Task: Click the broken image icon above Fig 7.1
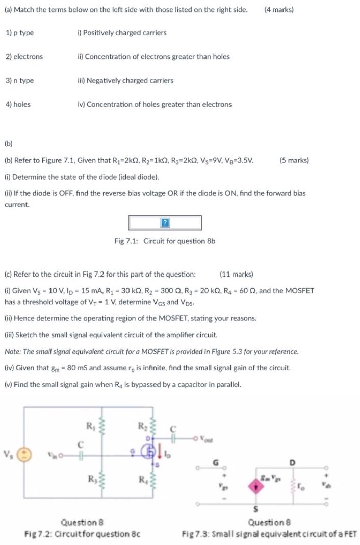[165, 223]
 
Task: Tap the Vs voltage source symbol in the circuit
[27, 454]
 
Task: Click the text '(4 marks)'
[279, 9]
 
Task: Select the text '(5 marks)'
[294, 160]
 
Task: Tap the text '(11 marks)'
[236, 274]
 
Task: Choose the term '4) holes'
[18, 104]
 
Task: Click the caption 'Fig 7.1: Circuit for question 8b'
[165, 241]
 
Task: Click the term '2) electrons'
[24, 57]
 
